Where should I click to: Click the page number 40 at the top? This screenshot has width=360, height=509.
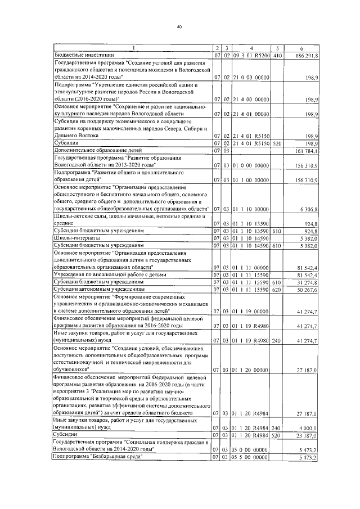tap(179, 26)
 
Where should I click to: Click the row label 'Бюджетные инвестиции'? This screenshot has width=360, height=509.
tap(84, 55)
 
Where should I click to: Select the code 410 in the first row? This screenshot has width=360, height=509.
tap(276, 55)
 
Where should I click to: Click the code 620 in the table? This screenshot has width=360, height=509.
tap(276, 289)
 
